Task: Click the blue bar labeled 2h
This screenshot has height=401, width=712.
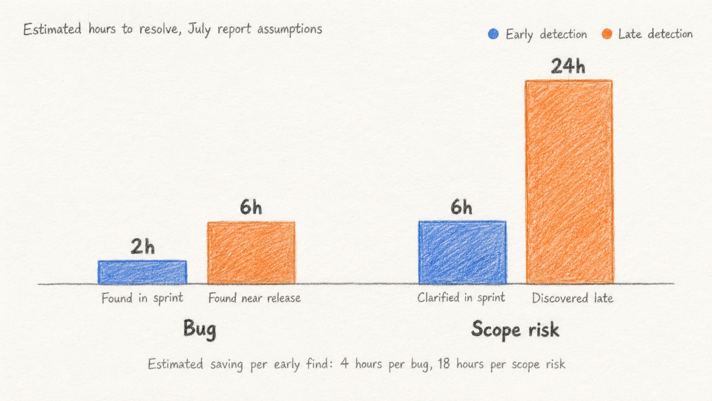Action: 142,272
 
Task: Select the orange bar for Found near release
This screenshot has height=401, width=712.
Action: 251,252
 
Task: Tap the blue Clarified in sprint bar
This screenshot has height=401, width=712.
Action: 462,252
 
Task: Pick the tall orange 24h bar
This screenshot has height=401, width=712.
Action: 569,182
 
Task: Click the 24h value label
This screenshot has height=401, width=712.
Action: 568,66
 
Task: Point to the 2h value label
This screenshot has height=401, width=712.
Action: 143,247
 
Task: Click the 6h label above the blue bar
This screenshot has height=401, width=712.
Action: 461,207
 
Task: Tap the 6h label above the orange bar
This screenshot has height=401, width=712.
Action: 251,207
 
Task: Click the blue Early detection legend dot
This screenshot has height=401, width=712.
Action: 493,34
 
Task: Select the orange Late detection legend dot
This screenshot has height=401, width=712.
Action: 607,34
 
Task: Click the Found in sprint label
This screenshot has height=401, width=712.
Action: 142,298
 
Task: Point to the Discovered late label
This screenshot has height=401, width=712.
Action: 573,298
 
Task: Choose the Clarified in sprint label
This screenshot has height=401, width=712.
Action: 461,298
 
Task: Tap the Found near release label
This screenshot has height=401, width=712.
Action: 255,298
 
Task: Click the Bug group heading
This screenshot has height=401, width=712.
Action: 199,330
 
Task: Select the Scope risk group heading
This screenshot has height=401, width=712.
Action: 515,330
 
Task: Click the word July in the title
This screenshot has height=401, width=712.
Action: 199,30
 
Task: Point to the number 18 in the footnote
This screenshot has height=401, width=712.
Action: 444,364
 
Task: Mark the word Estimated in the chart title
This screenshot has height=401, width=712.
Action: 52,29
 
